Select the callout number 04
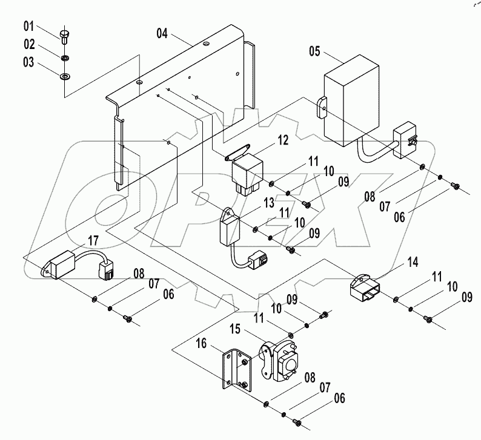(162, 34)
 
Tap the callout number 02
(30, 44)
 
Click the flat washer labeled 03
(64, 77)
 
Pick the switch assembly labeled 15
(280, 362)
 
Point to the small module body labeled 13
(231, 226)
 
